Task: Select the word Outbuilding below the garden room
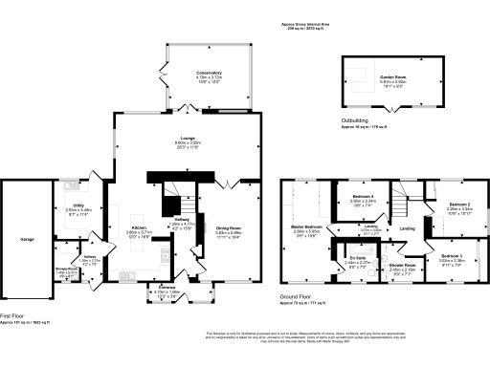[355, 120]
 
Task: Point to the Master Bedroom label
[305, 227]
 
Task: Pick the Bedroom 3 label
[453, 256]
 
